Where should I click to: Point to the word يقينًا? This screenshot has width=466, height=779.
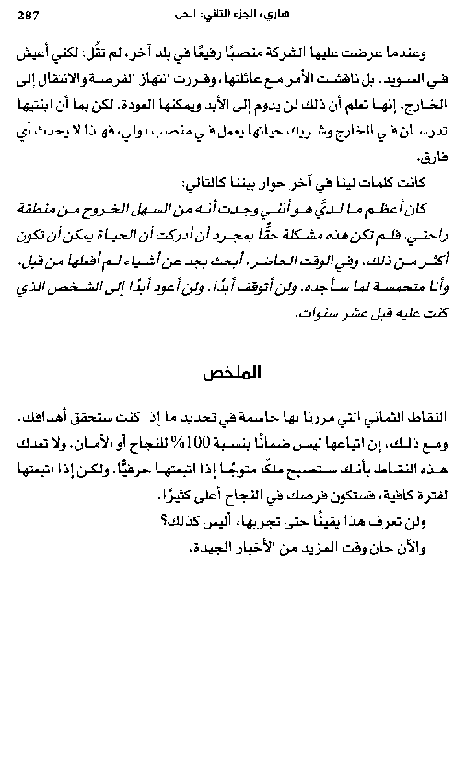pos(341,519)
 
